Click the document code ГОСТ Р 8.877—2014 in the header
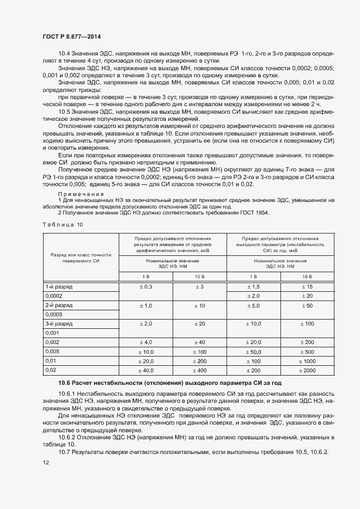pyautogui.click(x=72, y=36)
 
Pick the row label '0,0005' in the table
pyautogui.click(x=55, y=315)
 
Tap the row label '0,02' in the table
pyautogui.click(x=51, y=370)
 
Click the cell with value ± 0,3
pyautogui.click(x=145, y=286)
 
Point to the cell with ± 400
pyautogui.click(x=199, y=370)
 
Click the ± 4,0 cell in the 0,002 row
pyautogui.click(x=145, y=342)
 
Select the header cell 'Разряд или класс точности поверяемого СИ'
pyautogui.click(x=81, y=243)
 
